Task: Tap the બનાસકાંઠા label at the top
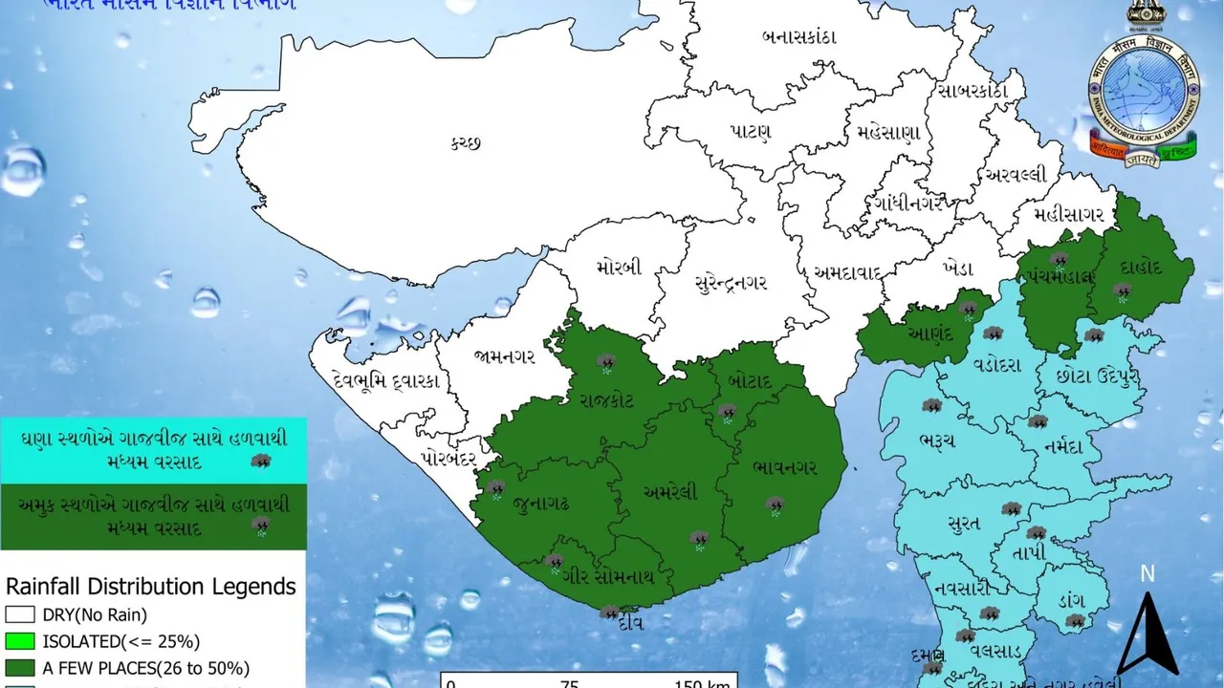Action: pos(799,37)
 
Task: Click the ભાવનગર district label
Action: pos(784,468)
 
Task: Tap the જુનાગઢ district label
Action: pos(540,503)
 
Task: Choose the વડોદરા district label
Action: pos(998,365)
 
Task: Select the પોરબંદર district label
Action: pos(448,458)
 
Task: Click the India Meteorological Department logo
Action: pos(1143,95)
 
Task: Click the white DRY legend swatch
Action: pos(19,614)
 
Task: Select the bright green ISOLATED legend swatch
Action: pos(19,641)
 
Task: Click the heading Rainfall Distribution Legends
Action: pos(150,586)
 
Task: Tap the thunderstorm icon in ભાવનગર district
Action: pos(775,504)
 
